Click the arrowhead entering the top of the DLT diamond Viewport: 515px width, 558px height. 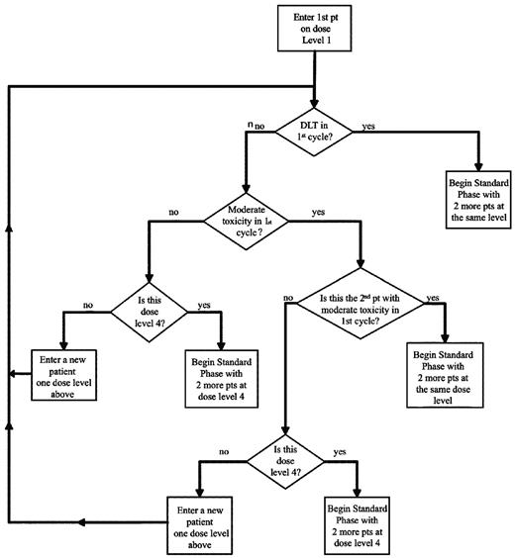click(x=316, y=103)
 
